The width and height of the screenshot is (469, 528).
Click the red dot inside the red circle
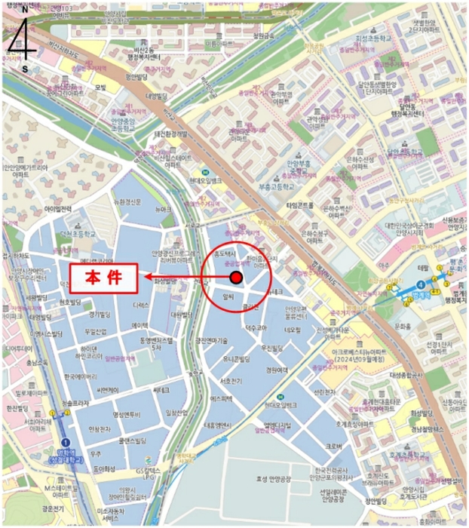click(236, 278)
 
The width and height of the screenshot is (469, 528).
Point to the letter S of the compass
click(25, 69)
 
